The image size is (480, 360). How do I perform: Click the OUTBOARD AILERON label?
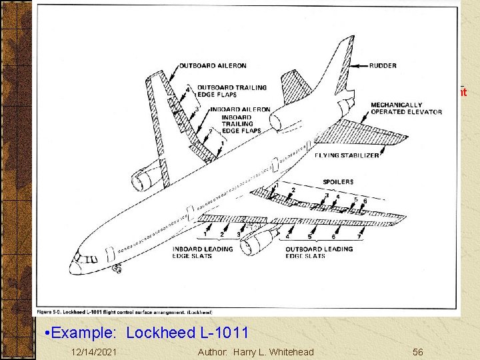pos(213,65)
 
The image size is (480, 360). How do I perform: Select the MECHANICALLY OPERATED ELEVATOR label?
pos(406,108)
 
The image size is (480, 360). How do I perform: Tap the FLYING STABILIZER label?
pos(347,155)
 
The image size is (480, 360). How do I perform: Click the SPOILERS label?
pos(338,181)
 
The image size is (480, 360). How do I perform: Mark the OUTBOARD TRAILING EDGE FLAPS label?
pos(231,91)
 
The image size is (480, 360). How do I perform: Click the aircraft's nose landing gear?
pos(118,268)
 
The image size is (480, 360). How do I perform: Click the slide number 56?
pos(418,351)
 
